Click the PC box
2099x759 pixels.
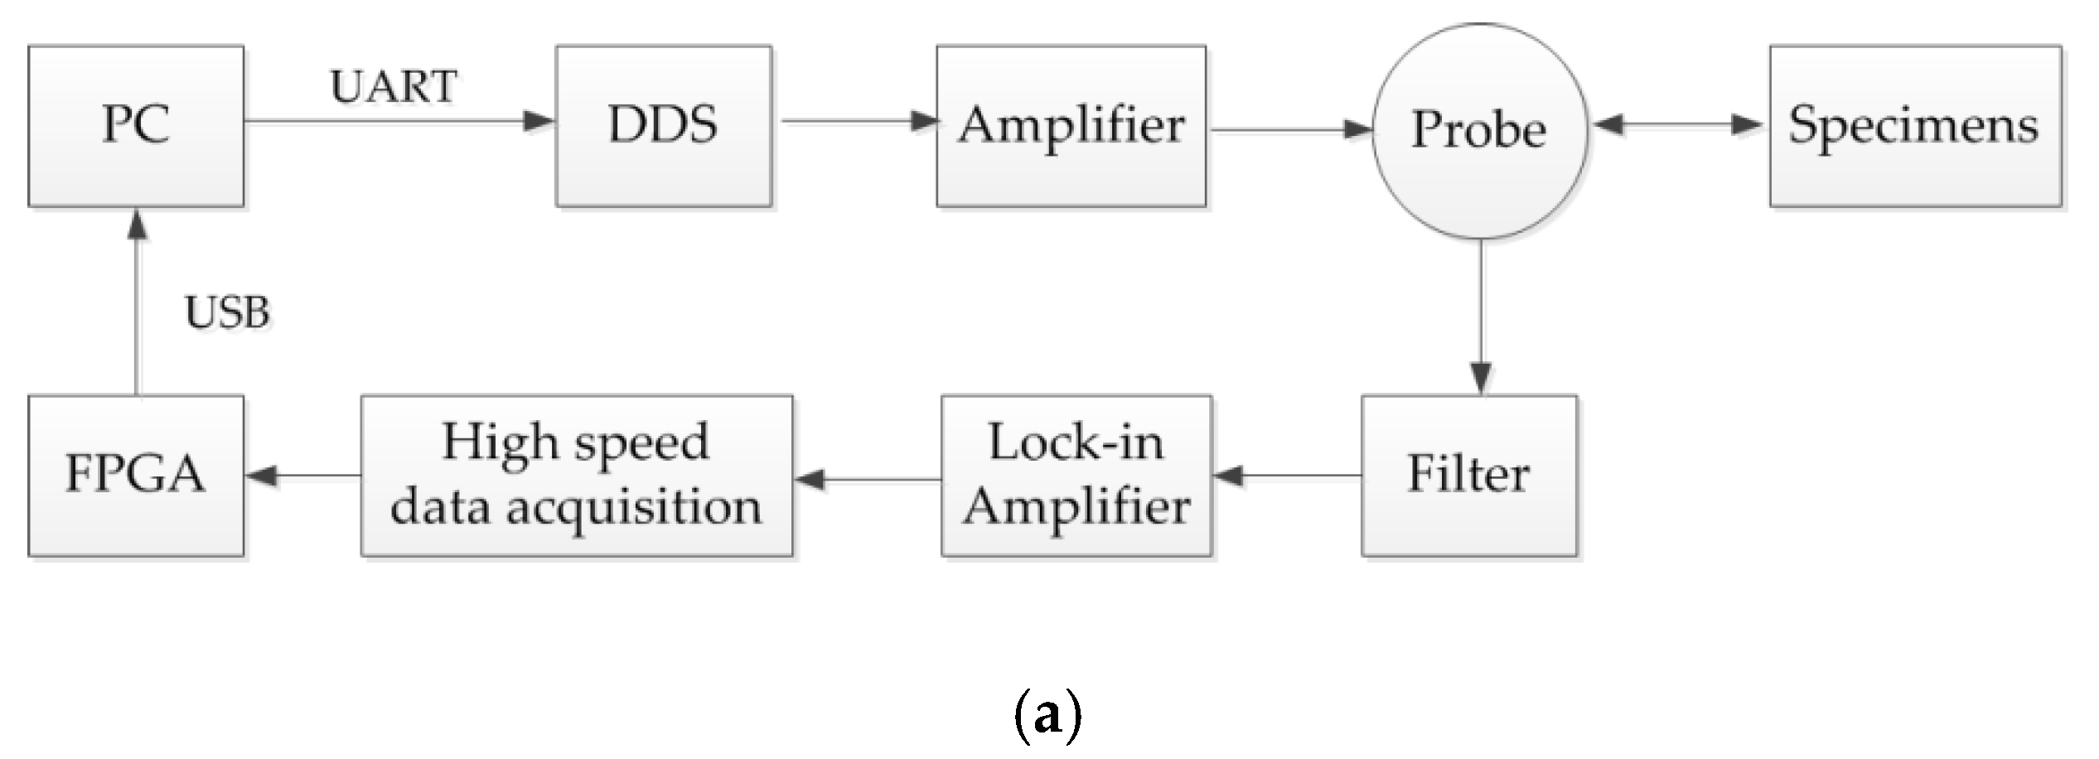(136, 126)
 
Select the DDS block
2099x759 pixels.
(663, 126)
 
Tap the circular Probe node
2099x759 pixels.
(1480, 131)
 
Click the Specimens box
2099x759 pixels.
(1915, 126)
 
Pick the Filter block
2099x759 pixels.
(1468, 476)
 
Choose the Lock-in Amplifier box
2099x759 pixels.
(1076, 476)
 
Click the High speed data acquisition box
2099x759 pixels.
(577, 476)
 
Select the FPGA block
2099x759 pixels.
(136, 476)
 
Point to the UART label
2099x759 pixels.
(393, 86)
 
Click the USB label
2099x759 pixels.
(227, 313)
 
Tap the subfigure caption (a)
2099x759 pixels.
(1047, 714)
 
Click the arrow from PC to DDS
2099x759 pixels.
(398, 122)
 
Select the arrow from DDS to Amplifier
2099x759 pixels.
(858, 122)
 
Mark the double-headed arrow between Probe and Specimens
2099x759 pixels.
(1678, 125)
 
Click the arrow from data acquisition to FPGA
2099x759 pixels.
(302, 476)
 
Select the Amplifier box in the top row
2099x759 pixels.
(1071, 126)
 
